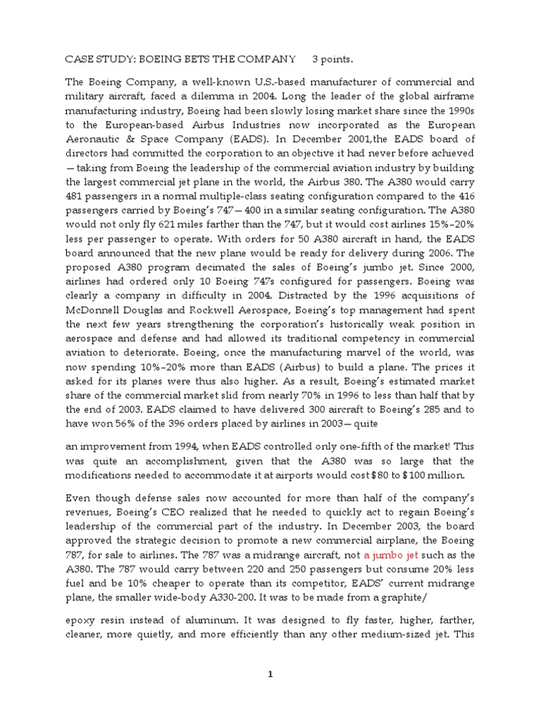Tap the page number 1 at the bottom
pos(270,674)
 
